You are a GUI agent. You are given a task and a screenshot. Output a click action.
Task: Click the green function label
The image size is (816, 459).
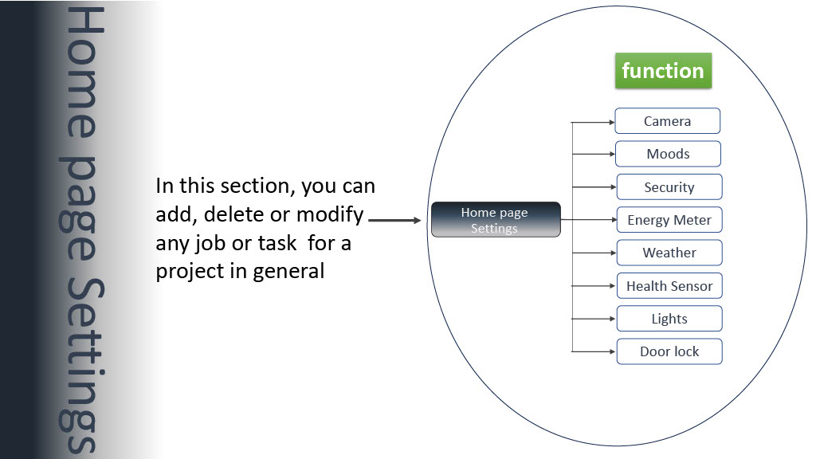click(663, 70)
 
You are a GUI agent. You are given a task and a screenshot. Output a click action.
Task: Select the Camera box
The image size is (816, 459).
click(667, 121)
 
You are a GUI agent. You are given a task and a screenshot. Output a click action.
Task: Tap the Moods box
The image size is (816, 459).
click(669, 154)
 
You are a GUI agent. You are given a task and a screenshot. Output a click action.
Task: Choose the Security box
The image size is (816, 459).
click(669, 186)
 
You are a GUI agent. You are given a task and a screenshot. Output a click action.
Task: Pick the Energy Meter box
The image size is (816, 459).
click(669, 220)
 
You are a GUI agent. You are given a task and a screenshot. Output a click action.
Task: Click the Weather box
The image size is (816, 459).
click(669, 253)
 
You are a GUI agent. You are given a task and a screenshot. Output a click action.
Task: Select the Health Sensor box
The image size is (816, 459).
click(669, 286)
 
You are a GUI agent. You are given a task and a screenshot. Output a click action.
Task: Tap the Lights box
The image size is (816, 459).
click(669, 319)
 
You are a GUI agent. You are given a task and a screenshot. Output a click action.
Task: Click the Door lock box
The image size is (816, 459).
click(669, 351)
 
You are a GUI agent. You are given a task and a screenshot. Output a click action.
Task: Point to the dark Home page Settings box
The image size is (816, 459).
click(496, 220)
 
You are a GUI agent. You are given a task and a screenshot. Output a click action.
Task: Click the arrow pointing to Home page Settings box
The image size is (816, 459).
click(394, 220)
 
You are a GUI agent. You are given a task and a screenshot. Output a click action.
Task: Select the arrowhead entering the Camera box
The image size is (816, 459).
click(612, 122)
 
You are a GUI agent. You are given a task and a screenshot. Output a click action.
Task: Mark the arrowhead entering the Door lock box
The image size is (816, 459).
click(612, 351)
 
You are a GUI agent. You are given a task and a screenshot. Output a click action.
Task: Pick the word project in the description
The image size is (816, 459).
click(190, 272)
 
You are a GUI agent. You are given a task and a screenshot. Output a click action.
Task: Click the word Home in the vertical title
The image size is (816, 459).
click(84, 73)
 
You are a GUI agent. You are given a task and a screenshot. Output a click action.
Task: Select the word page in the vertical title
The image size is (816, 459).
click(79, 207)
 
